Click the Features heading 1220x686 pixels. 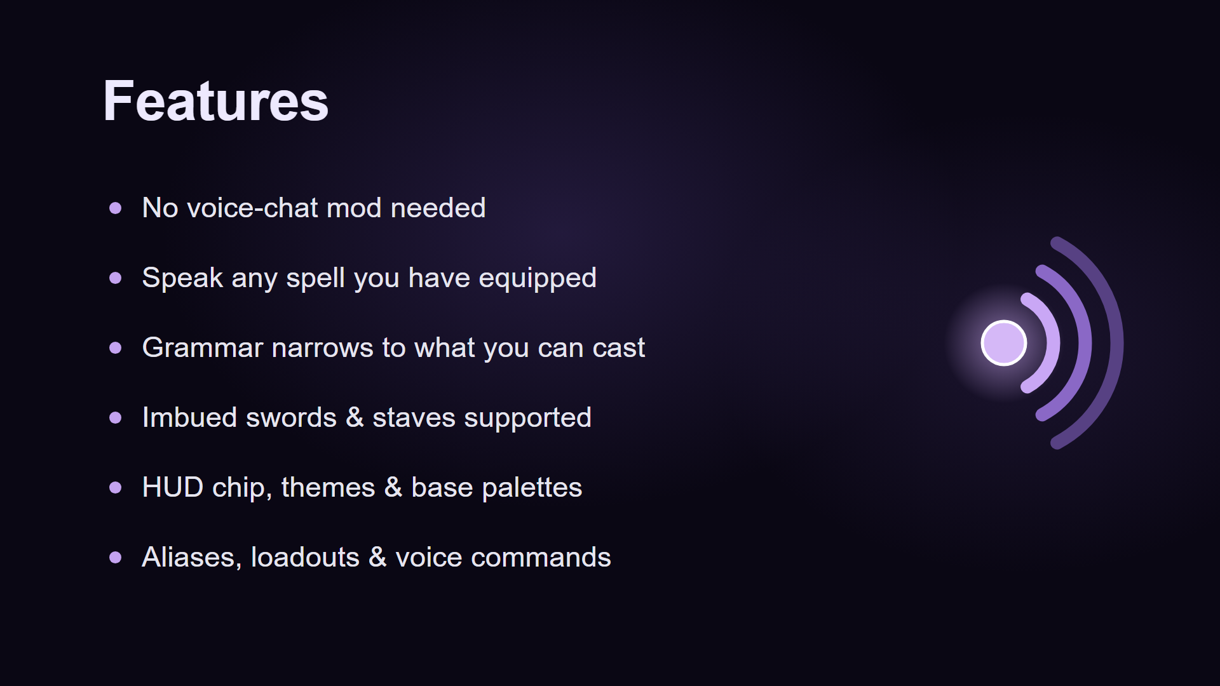coord(216,101)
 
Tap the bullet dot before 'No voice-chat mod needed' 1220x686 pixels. coord(115,208)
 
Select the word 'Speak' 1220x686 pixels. coord(182,278)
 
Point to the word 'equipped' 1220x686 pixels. coord(538,278)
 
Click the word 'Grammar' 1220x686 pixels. coord(202,347)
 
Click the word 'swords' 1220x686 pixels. coord(291,417)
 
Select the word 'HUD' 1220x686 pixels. coord(173,487)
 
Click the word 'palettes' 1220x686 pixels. coord(532,488)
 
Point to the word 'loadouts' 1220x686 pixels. coord(305,557)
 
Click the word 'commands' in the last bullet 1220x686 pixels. coord(541,557)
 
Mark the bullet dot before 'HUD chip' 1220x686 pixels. coord(115,487)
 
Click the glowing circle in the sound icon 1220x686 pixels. coord(1004,343)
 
